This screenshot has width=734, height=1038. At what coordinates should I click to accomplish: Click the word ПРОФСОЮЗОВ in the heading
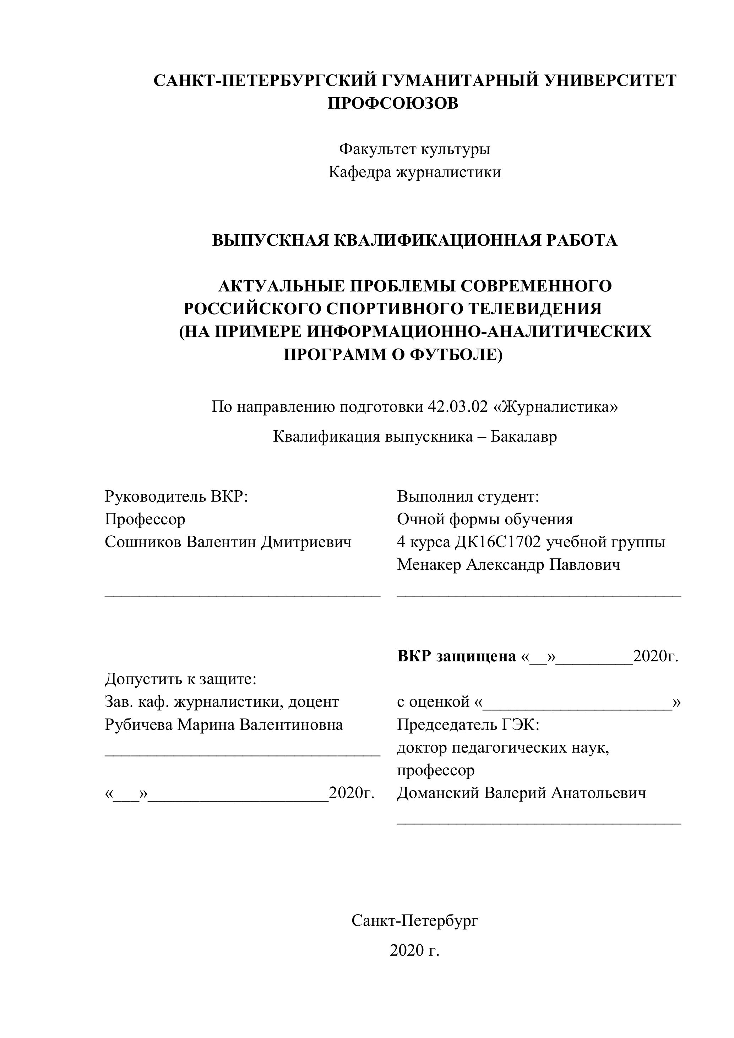[x=392, y=104]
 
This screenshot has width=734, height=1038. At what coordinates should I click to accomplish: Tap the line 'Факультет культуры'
[x=415, y=149]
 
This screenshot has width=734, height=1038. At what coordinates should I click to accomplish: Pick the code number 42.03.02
[x=458, y=407]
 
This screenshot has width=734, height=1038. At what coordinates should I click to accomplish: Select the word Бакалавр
[x=524, y=437]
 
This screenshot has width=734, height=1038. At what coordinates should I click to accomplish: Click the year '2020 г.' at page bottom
[x=415, y=950]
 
